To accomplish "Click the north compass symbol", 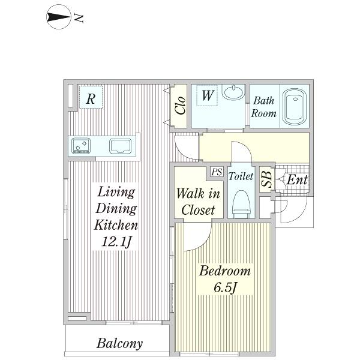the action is click(59, 17).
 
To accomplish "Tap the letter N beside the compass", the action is click(79, 18).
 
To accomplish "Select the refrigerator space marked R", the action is click(91, 97).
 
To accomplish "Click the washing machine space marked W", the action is click(208, 95).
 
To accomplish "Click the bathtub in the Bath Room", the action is click(295, 106).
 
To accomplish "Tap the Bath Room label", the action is click(263, 107).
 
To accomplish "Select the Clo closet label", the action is click(180, 106).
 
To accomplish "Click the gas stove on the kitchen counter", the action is click(81, 146).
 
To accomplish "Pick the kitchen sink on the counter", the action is click(121, 146).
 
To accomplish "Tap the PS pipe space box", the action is click(217, 172).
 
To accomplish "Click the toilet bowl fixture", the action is click(241, 204).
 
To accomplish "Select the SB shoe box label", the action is click(267, 179).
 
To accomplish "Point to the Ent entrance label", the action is click(297, 179).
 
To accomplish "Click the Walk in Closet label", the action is click(198, 202).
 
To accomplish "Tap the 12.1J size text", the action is click(116, 242).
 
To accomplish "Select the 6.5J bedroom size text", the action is click(225, 287).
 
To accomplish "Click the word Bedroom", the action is click(225, 271).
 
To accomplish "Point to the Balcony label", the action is click(119, 344).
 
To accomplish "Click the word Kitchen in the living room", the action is click(116, 225).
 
